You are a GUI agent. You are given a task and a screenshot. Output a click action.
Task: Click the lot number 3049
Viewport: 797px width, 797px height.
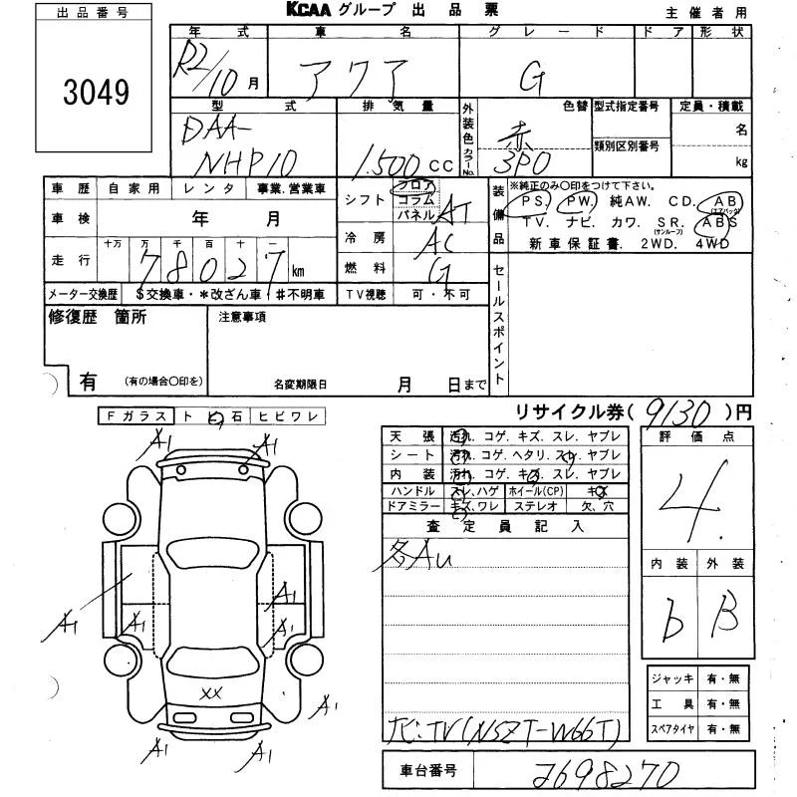click(97, 93)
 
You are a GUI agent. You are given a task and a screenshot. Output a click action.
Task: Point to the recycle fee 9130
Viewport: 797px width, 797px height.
click(678, 408)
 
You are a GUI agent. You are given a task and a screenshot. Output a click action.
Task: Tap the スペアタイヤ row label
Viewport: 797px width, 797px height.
click(674, 728)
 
